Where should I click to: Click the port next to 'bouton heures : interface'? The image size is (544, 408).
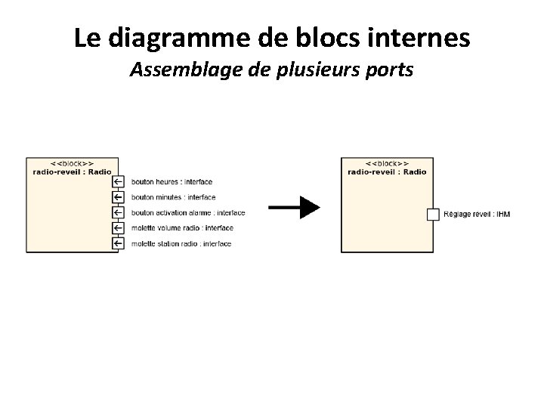click(117, 181)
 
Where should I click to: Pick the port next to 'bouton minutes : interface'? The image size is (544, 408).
click(117, 196)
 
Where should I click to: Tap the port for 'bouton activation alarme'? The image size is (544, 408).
click(117, 212)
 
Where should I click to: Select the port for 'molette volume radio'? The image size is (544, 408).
click(117, 227)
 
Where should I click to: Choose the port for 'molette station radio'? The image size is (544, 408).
click(117, 243)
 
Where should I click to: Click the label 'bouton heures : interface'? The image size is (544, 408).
click(172, 181)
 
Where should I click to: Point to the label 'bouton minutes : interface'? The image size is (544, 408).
click(173, 197)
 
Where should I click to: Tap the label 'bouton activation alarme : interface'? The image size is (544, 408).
click(188, 212)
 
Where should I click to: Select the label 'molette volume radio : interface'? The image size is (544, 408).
click(182, 228)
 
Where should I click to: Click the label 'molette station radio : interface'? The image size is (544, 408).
click(181, 243)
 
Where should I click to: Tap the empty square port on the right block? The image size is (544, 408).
click(433, 214)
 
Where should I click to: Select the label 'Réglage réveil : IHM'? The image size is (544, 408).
click(477, 215)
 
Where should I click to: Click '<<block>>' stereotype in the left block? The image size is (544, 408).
click(73, 163)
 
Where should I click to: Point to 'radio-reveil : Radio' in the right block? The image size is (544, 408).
click(388, 172)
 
